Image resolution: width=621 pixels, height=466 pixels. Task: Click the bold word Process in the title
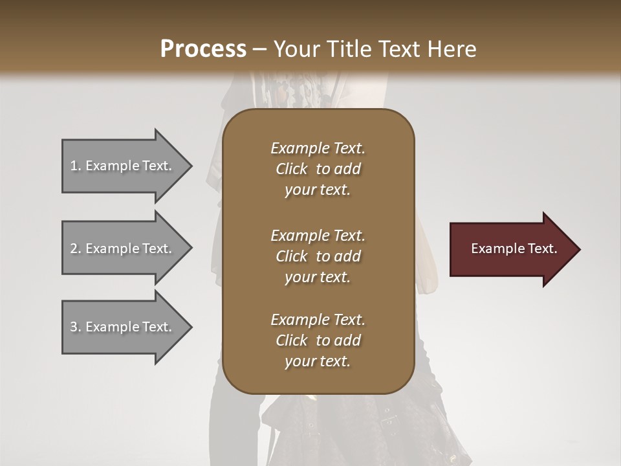click(203, 49)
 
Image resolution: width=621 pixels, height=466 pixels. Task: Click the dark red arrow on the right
click(511, 249)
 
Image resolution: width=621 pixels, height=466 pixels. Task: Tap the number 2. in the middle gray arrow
click(76, 249)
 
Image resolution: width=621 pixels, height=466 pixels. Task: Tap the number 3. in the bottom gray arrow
click(76, 327)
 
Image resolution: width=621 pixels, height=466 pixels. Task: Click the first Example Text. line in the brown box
click(318, 148)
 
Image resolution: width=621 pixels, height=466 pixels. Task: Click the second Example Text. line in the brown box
click(318, 236)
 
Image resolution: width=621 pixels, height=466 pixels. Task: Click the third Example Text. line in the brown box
click(318, 320)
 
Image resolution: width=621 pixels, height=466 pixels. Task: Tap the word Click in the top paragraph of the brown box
click(291, 169)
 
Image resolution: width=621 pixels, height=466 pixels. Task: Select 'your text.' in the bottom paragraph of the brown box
click(318, 362)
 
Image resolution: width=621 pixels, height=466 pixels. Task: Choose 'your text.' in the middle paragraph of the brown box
click(318, 278)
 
